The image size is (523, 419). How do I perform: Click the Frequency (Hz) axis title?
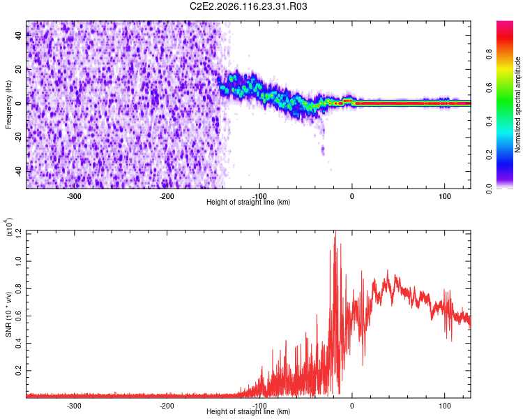click(x=9, y=105)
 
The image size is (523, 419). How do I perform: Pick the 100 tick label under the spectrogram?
click(x=444, y=196)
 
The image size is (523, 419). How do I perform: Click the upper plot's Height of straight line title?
click(x=248, y=203)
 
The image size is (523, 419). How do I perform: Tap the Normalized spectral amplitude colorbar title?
click(x=518, y=105)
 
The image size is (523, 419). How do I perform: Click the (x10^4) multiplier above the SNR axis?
click(x=9, y=228)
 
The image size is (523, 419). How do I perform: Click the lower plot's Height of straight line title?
click(x=248, y=412)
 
